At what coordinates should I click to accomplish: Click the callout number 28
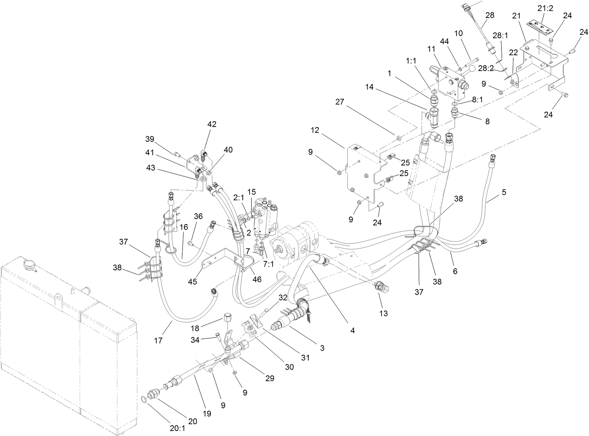click(x=490, y=15)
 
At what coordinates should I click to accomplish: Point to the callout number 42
click(x=212, y=124)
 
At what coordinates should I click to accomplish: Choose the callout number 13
click(x=383, y=313)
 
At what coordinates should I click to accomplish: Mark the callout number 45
click(x=193, y=281)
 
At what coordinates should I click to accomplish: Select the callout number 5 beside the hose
click(x=504, y=192)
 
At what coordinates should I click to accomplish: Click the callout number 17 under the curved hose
click(x=158, y=340)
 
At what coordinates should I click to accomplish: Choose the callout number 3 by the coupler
click(x=322, y=348)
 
